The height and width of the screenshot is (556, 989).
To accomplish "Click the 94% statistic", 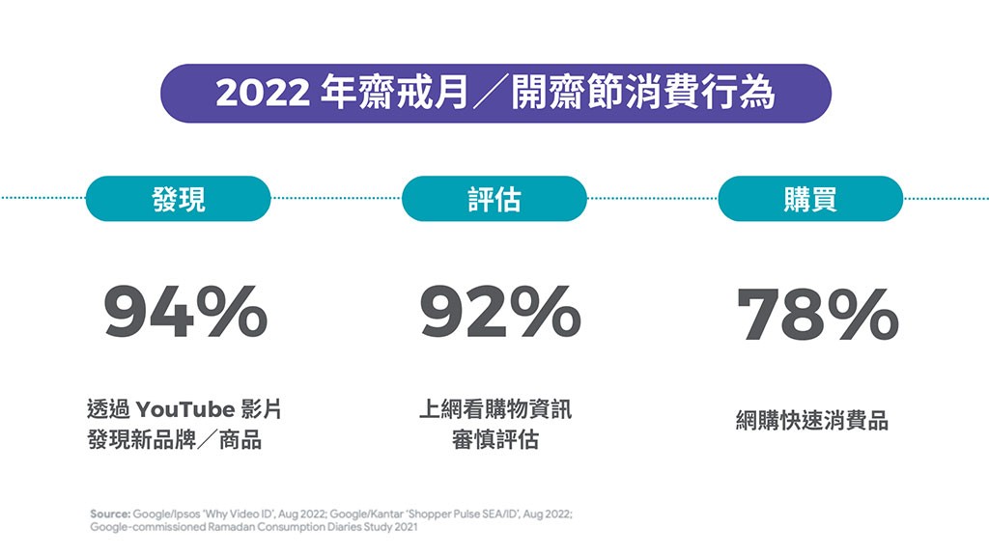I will [x=185, y=313].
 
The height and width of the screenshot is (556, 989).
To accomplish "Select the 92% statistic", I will [x=500, y=313].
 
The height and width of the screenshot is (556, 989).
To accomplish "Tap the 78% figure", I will [x=817, y=315].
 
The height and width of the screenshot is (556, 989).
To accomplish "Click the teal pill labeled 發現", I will [x=179, y=199].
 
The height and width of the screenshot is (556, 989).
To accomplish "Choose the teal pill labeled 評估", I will [x=494, y=199].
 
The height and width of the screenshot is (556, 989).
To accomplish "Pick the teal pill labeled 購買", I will [x=810, y=199].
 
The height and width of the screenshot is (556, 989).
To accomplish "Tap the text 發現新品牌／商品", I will [x=174, y=441].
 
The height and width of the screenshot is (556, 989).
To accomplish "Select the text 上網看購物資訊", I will [x=494, y=409].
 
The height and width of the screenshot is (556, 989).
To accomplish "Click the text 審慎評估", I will [x=494, y=441].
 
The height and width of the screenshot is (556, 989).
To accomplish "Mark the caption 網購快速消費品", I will [x=811, y=421].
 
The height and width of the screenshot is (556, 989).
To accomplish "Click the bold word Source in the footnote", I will [x=109, y=514].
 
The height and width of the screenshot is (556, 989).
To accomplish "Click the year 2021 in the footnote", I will [x=408, y=527].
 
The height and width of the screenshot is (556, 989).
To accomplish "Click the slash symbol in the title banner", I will [x=490, y=94].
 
